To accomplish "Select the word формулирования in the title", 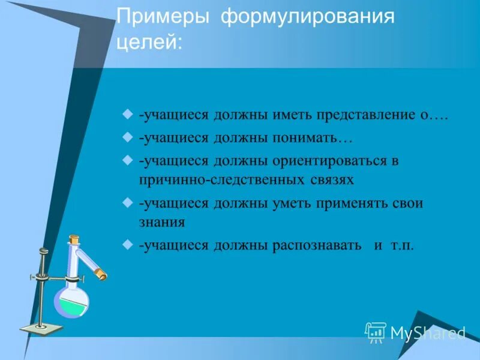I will (308, 17).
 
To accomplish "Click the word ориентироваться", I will (328, 161).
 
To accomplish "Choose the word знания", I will (161, 221).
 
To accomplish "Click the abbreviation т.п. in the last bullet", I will (402, 245).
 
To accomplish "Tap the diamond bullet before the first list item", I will (127, 113).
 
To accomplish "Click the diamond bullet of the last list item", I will (127, 244).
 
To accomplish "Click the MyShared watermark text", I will (428, 332).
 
